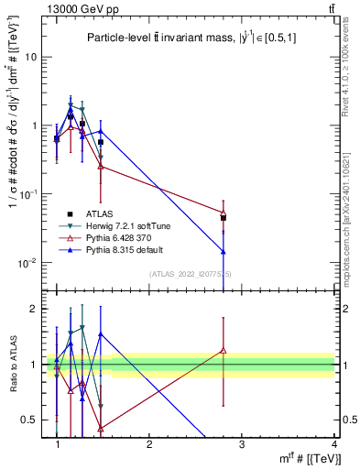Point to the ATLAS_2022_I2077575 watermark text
click(x=191, y=273)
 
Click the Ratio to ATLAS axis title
click(x=13, y=365)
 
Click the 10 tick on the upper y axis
click(x=31, y=57)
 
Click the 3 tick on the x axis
click(x=241, y=444)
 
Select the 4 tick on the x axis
click(x=333, y=444)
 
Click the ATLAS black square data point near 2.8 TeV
click(x=224, y=218)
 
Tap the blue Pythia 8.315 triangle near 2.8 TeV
click(x=224, y=251)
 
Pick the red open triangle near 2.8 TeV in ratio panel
click(x=224, y=349)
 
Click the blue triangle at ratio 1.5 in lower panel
click(x=101, y=335)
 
